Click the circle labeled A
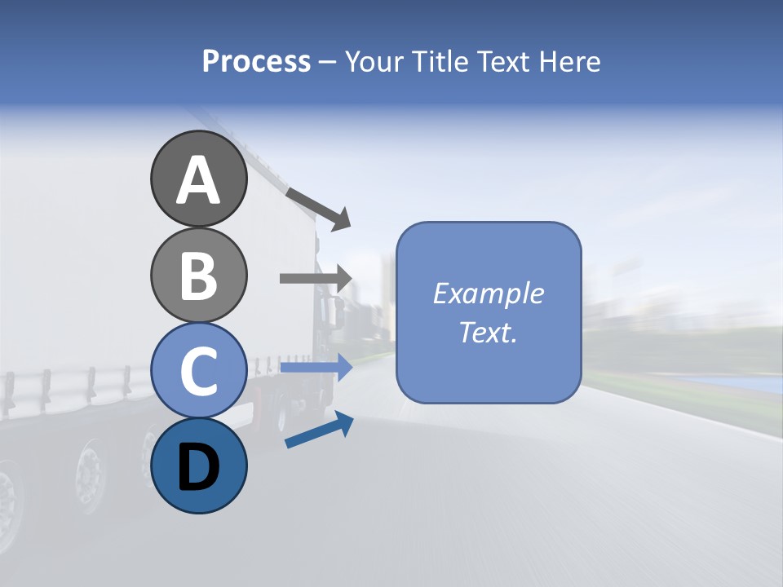coord(198,179)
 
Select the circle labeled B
coord(198,275)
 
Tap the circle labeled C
coord(198,371)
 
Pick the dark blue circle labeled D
coord(198,466)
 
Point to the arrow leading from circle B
coord(315,278)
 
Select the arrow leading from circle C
coord(315,368)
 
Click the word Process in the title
coord(256,62)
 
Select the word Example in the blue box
coord(489,294)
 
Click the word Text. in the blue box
coord(489,333)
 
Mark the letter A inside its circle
coord(198,181)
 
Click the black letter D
coord(198,467)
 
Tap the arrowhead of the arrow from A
coord(341,218)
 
